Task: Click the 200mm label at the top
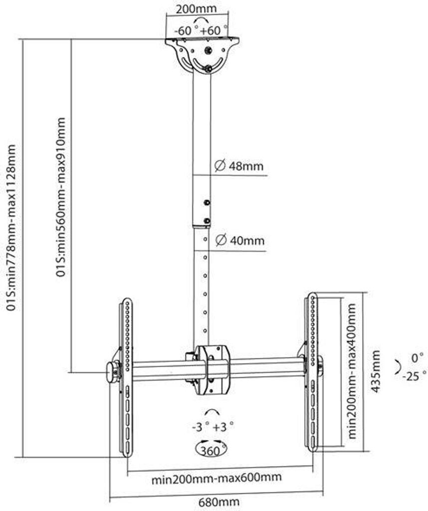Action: point(196,9)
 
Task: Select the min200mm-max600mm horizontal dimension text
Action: point(216,478)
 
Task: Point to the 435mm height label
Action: point(375,372)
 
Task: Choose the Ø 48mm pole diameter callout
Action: point(238,166)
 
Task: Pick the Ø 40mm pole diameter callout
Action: point(239,241)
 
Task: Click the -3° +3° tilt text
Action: point(212,427)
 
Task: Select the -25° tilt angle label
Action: point(415,376)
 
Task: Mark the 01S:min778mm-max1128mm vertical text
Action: point(11,227)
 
